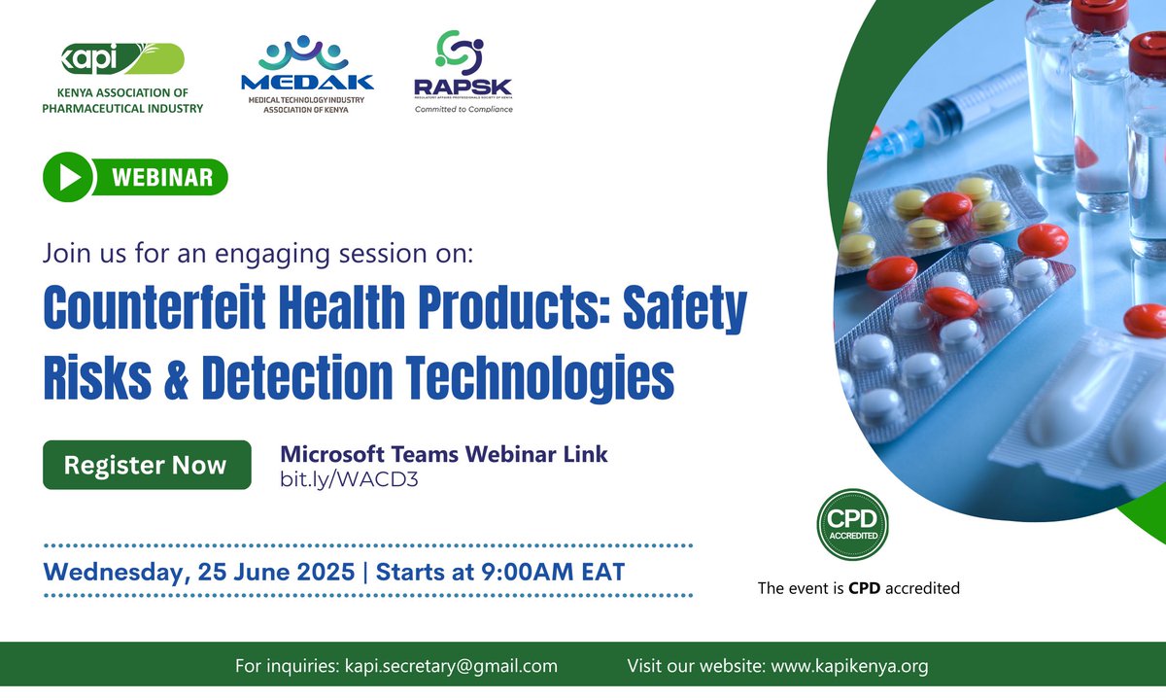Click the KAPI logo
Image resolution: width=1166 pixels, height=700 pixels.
(121, 59)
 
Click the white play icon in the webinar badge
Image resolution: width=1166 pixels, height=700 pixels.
(69, 177)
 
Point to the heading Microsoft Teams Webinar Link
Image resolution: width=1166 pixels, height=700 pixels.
(443, 454)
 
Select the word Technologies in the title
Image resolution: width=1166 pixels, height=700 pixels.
(533, 377)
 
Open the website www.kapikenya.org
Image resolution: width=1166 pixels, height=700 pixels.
(848, 666)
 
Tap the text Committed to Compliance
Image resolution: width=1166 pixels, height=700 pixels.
(463, 109)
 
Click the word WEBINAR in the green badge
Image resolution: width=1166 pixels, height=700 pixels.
(162, 178)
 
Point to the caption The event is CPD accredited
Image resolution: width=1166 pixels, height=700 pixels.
(858, 587)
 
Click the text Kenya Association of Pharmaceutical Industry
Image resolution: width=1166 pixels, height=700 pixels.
(122, 102)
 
